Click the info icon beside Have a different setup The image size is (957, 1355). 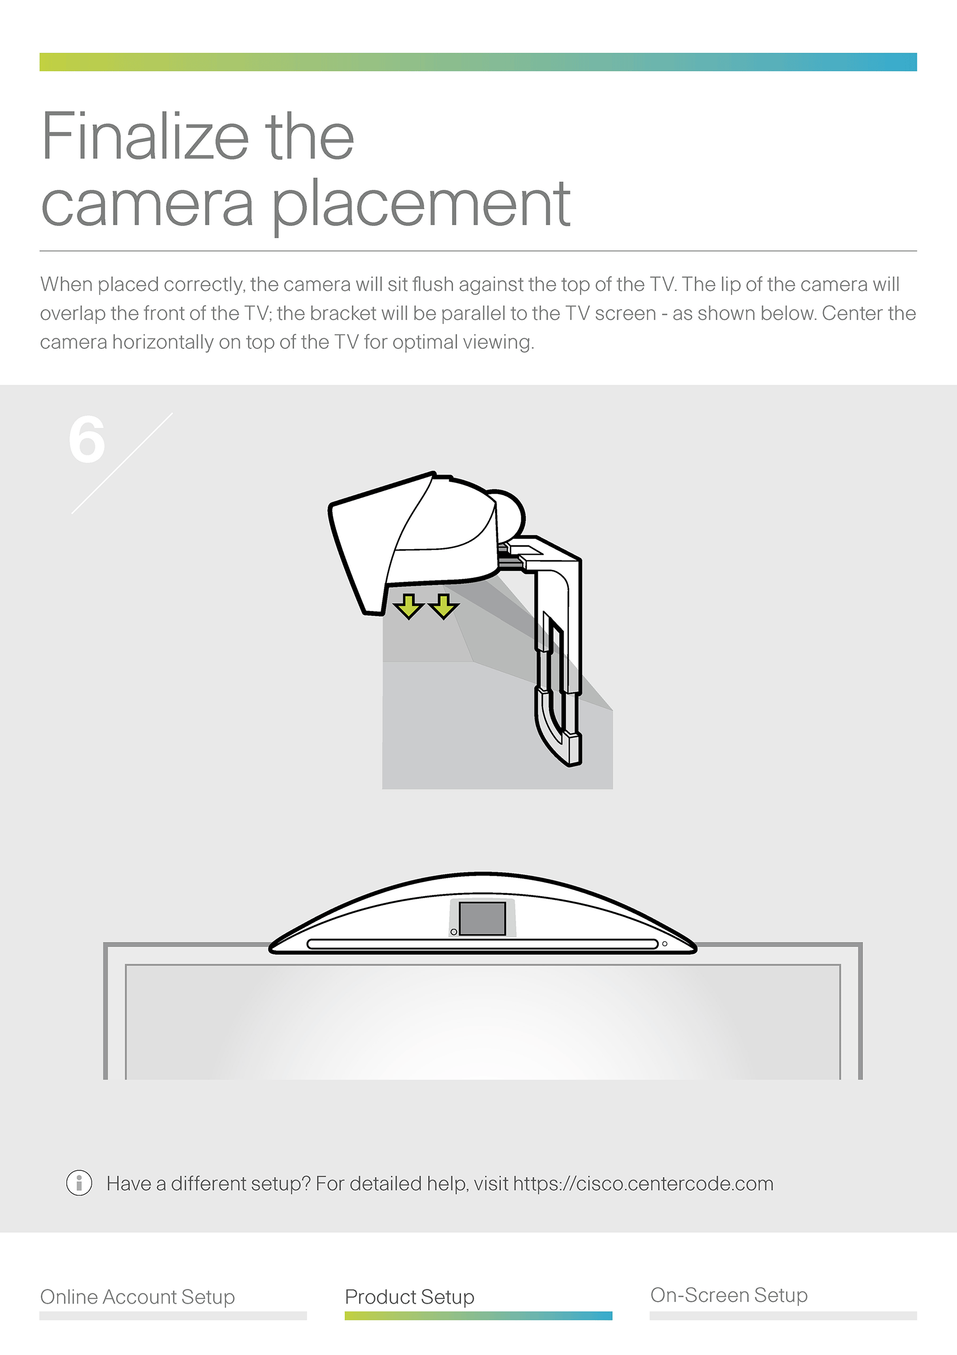tap(79, 1183)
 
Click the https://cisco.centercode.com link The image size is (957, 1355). tap(643, 1183)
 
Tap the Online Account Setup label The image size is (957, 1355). tap(138, 1297)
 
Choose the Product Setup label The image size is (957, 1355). tap(410, 1297)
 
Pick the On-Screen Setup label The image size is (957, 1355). tap(729, 1295)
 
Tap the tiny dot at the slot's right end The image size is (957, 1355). tap(665, 944)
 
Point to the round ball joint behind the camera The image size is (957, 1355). tap(508, 514)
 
